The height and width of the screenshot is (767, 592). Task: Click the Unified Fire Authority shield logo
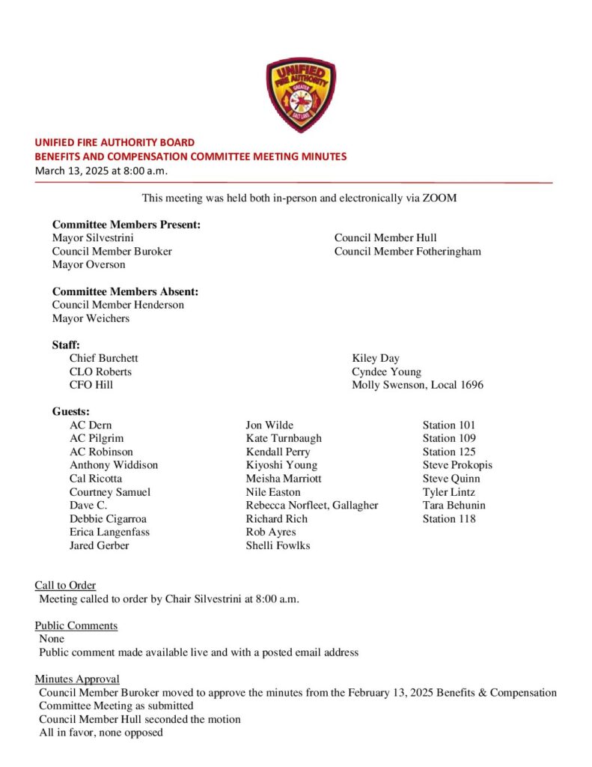tap(301, 95)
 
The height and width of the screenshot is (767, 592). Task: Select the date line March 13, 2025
tap(101, 171)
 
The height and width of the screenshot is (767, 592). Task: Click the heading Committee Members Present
tap(126, 225)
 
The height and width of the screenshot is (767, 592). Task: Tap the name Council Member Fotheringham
tap(407, 252)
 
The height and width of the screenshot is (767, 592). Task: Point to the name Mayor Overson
tap(88, 265)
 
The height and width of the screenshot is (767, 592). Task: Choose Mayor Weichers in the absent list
tap(91, 318)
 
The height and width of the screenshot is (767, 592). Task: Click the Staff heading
tap(66, 345)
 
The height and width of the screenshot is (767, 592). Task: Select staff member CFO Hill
tap(91, 385)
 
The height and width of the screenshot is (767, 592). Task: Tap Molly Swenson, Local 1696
tap(417, 385)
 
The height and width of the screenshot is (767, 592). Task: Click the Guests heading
tap(70, 412)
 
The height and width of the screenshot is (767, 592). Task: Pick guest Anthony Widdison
tap(114, 465)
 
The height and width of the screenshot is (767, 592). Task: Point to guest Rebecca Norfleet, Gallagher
tap(311, 506)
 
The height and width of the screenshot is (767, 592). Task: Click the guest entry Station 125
tap(449, 452)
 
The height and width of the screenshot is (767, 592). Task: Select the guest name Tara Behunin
tap(454, 506)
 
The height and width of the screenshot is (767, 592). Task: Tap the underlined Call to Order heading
tap(65, 585)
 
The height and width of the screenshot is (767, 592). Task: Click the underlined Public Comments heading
tap(76, 625)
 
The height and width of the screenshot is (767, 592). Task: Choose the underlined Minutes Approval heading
tap(77, 679)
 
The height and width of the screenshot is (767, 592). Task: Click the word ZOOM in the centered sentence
tap(440, 198)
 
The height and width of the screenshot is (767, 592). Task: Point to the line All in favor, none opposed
tap(101, 733)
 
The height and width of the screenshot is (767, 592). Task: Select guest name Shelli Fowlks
tap(278, 545)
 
